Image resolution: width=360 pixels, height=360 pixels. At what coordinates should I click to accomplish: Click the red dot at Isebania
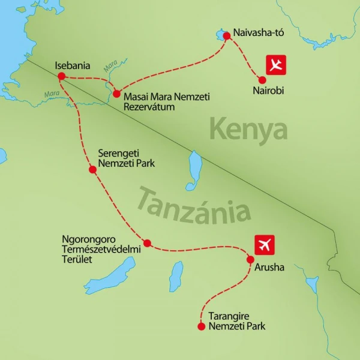click(x=61, y=76)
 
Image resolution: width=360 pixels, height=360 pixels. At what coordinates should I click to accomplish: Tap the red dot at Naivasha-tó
click(x=227, y=35)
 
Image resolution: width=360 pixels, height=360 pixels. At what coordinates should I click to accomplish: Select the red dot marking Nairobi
click(x=262, y=80)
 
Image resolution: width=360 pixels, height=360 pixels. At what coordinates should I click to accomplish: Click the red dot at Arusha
click(x=250, y=259)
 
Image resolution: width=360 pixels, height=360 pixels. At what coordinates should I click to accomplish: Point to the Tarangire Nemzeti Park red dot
click(x=200, y=326)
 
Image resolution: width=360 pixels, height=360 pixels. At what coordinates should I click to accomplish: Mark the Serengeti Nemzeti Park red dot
click(x=92, y=170)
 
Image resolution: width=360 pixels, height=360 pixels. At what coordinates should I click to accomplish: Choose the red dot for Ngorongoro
click(x=147, y=243)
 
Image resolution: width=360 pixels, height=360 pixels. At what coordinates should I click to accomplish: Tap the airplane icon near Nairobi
click(x=277, y=65)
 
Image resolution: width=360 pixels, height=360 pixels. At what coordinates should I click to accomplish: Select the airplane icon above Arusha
click(x=265, y=244)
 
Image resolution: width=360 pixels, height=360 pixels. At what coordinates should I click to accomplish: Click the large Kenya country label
click(x=248, y=130)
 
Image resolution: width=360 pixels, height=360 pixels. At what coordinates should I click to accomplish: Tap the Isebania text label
click(x=72, y=65)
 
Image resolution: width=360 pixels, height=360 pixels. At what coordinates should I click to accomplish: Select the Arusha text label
click(x=269, y=268)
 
